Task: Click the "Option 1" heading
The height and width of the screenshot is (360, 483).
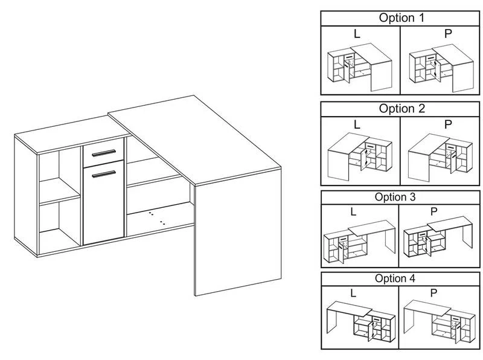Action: click(x=401, y=18)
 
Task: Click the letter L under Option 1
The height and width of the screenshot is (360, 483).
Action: click(x=357, y=34)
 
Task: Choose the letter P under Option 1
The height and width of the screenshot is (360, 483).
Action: click(x=447, y=34)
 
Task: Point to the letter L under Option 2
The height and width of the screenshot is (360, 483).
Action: click(x=357, y=125)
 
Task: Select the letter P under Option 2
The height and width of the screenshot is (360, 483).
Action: click(x=447, y=125)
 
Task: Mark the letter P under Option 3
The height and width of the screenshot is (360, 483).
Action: click(x=433, y=212)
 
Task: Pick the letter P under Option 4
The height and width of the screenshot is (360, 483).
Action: click(x=433, y=293)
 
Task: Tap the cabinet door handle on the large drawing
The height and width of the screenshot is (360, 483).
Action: click(x=103, y=174)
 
